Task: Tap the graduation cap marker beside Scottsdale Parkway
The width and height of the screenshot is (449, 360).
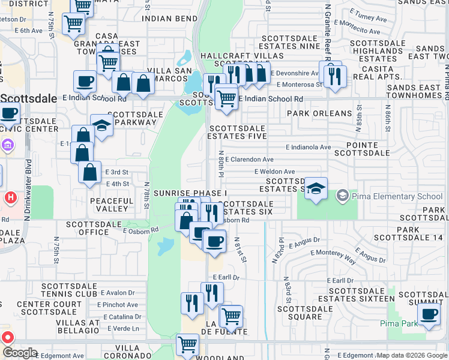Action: pyautogui.click(x=102, y=126)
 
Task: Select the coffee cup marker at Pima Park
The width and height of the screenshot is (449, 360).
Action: pyautogui.click(x=429, y=315)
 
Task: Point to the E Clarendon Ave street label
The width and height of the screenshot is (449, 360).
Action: pyautogui.click(x=250, y=160)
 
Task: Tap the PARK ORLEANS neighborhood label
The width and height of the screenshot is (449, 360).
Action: pyautogui.click(x=319, y=113)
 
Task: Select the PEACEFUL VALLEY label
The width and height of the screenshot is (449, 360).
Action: pyautogui.click(x=112, y=205)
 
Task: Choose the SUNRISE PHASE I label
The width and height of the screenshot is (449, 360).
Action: pyautogui.click(x=190, y=193)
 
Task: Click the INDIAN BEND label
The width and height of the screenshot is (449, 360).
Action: pyautogui.click(x=170, y=19)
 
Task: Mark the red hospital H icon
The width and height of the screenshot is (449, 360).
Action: pyautogui.click(x=10, y=197)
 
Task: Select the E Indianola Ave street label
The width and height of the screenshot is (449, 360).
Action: pyautogui.click(x=308, y=147)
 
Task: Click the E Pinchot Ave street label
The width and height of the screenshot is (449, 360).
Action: pyautogui.click(x=119, y=305)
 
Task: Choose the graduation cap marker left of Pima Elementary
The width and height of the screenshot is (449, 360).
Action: pyautogui.click(x=316, y=190)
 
